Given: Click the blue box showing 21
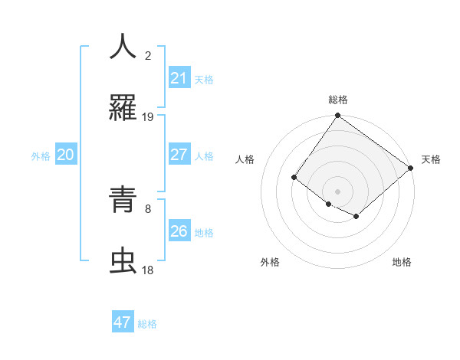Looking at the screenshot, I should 179,78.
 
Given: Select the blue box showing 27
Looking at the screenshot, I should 179,155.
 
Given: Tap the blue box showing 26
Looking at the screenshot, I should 179,231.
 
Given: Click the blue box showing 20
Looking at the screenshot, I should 65,155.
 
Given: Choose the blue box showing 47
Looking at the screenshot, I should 123,322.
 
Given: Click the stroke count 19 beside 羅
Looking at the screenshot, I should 148,117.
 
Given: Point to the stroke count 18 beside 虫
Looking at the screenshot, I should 148,270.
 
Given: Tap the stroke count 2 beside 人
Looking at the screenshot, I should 148,55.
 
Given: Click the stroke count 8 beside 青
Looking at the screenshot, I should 148,208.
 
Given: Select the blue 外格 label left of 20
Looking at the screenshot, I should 41,156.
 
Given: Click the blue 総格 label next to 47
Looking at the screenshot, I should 147,324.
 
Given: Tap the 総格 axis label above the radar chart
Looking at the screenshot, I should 338,100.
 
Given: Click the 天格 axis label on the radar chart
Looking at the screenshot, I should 431,159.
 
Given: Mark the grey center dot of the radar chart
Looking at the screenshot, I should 337,191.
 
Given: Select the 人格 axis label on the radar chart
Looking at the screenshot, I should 245,159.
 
